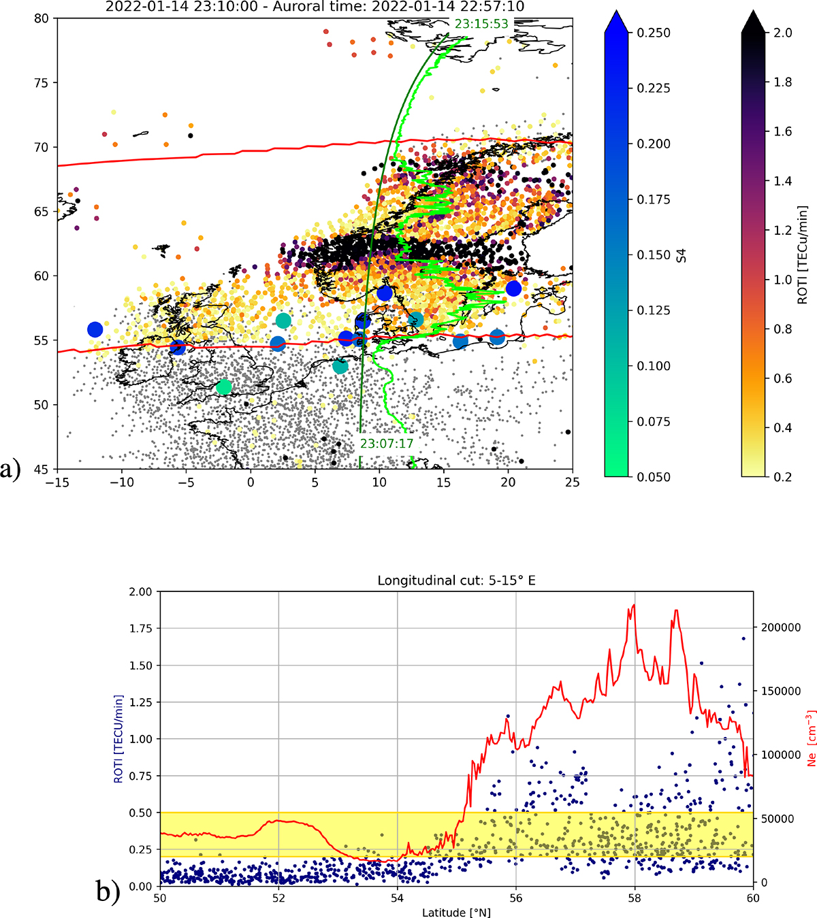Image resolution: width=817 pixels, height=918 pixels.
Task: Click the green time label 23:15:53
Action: coord(481,24)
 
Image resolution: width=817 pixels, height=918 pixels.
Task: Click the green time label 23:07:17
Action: coord(387,444)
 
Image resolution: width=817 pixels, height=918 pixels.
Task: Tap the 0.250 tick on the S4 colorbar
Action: coord(654,33)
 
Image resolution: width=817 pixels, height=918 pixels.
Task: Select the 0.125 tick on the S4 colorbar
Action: coord(654,310)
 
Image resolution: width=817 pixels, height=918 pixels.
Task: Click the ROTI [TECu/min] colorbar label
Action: coord(803,255)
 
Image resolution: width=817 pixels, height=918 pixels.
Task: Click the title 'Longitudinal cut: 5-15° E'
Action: coord(456,580)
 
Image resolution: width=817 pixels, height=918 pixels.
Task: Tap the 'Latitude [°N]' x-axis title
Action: coord(456,912)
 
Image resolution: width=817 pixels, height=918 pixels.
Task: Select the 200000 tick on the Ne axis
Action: coord(778,627)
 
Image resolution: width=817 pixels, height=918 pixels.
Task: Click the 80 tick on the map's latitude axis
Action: coord(42,18)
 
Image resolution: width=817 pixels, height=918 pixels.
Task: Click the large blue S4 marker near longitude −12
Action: coord(95,329)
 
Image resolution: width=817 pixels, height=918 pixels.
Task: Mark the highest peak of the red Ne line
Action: coord(634,605)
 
